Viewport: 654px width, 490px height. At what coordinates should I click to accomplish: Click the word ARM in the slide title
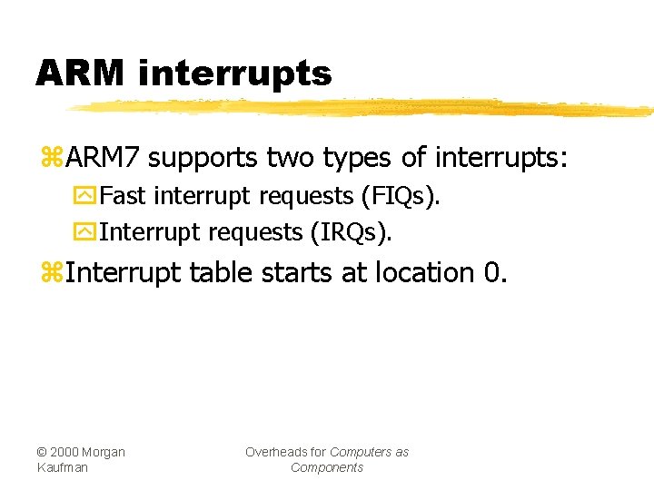81,73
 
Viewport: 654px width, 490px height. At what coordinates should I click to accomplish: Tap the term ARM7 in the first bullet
103,159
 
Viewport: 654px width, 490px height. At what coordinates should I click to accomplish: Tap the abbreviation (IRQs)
352,232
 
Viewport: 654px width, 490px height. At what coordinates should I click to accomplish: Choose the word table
222,272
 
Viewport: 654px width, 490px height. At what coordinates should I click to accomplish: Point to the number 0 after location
492,272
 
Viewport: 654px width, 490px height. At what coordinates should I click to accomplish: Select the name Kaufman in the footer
63,467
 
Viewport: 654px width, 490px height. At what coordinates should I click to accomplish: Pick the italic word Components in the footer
327,467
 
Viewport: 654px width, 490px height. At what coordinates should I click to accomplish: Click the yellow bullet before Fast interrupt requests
88,197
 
